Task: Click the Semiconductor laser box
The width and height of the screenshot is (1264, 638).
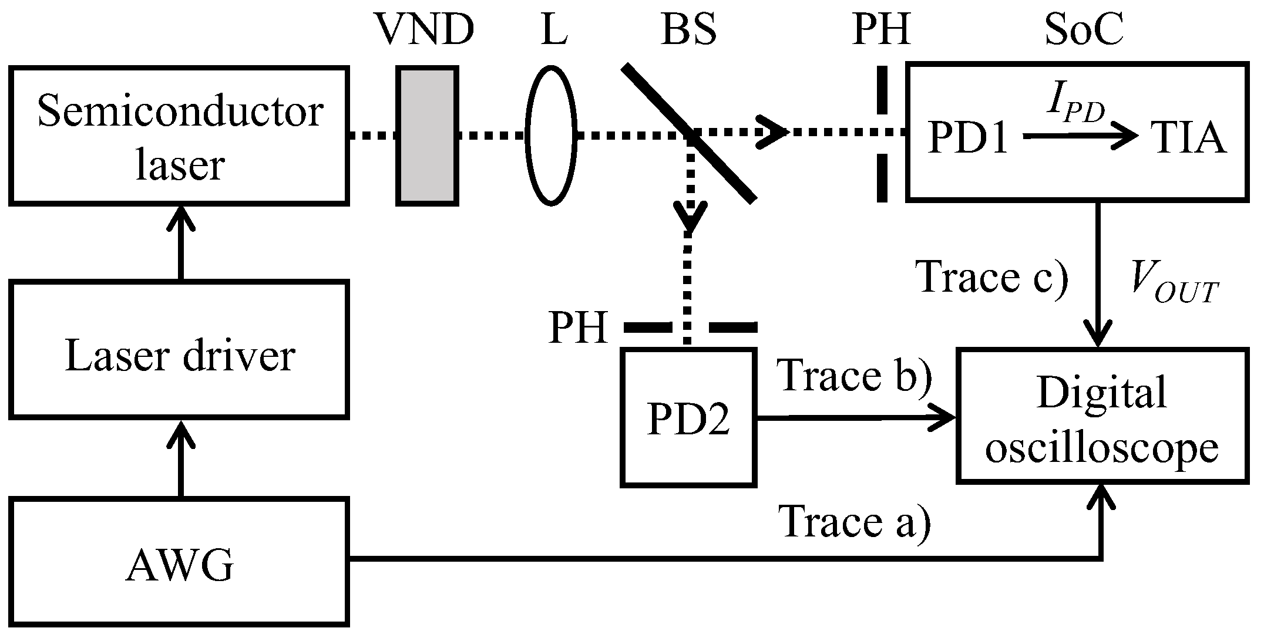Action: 179,136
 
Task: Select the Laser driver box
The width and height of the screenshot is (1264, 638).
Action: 179,350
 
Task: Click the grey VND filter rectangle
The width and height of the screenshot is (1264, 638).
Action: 427,136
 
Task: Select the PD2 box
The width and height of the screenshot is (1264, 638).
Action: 688,418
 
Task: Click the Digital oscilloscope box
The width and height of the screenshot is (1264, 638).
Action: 1102,416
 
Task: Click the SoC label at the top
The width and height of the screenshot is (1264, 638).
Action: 1084,30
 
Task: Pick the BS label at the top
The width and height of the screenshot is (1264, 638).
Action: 688,30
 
